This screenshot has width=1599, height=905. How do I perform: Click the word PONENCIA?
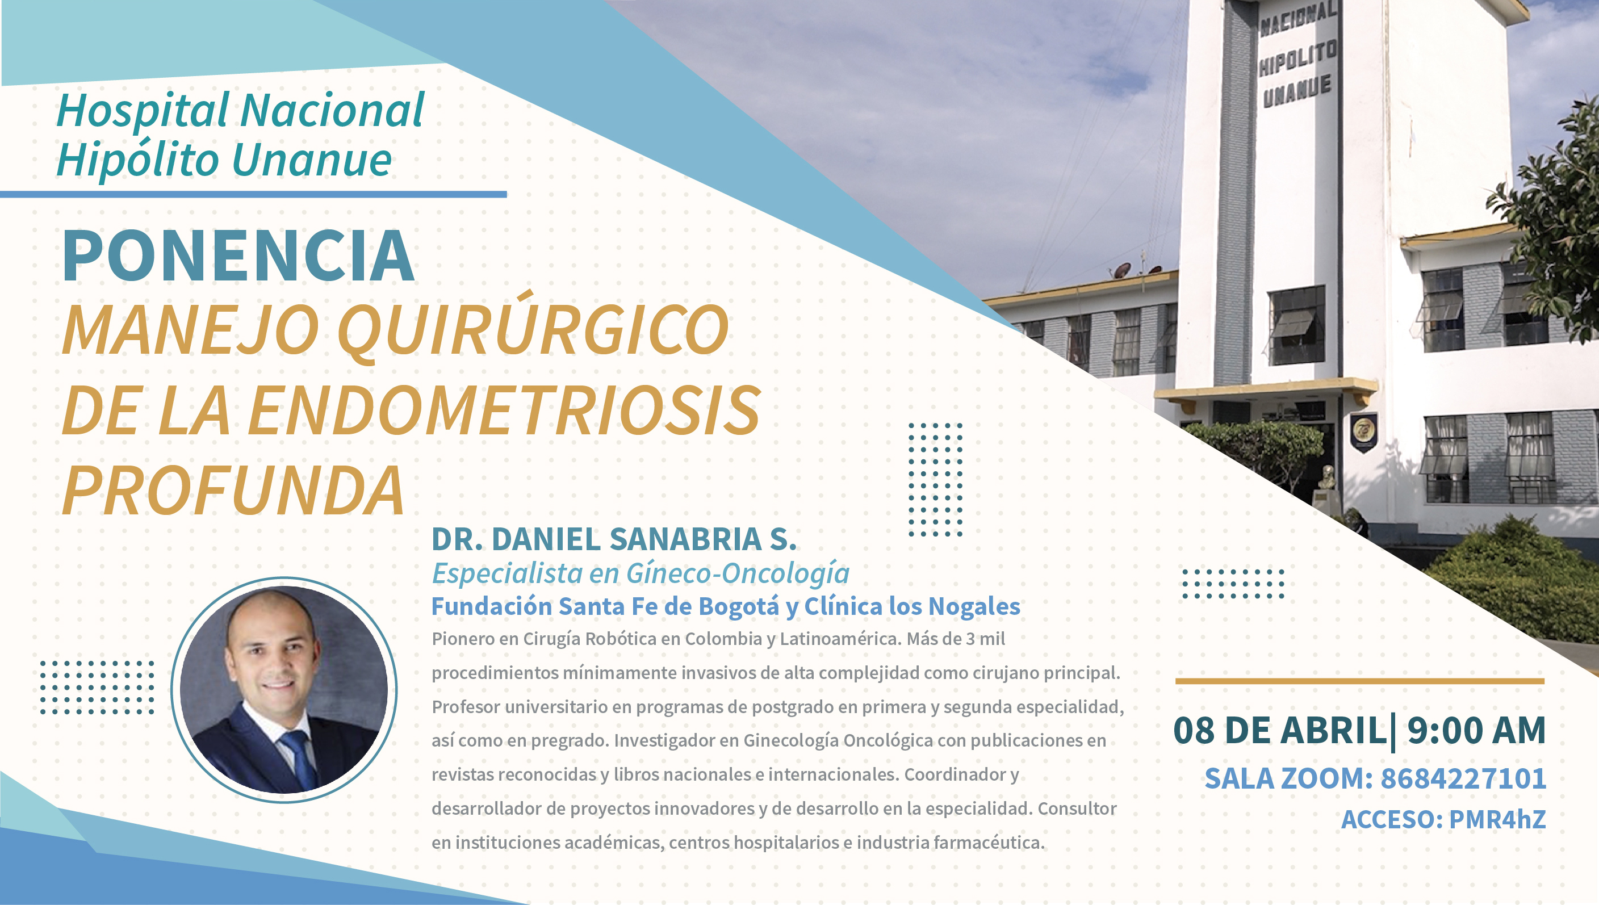click(x=238, y=255)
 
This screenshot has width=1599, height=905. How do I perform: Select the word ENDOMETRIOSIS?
click(x=504, y=410)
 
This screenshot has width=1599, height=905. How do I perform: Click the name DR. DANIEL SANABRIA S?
click(x=614, y=539)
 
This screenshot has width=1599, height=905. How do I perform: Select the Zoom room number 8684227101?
click(x=1463, y=779)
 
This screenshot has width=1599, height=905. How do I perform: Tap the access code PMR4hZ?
click(x=1497, y=819)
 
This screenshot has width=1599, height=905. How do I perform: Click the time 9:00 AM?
click(x=1476, y=730)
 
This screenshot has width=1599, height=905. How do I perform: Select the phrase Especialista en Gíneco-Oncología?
click(x=641, y=573)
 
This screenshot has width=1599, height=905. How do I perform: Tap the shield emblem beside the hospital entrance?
click(x=1363, y=430)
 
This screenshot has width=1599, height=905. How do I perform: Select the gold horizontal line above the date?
click(x=1360, y=681)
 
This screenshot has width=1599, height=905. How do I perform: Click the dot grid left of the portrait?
click(x=98, y=688)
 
